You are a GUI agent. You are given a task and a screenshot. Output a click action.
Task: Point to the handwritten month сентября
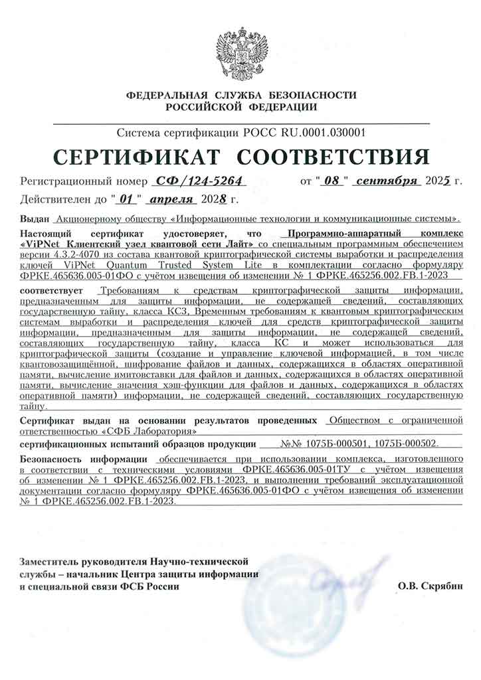click(x=387, y=180)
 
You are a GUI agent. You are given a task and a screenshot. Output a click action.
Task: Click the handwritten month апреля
click(x=170, y=198)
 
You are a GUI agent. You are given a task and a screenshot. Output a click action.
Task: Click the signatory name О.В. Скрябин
click(x=429, y=586)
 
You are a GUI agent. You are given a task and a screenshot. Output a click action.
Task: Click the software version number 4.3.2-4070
click(x=71, y=253)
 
